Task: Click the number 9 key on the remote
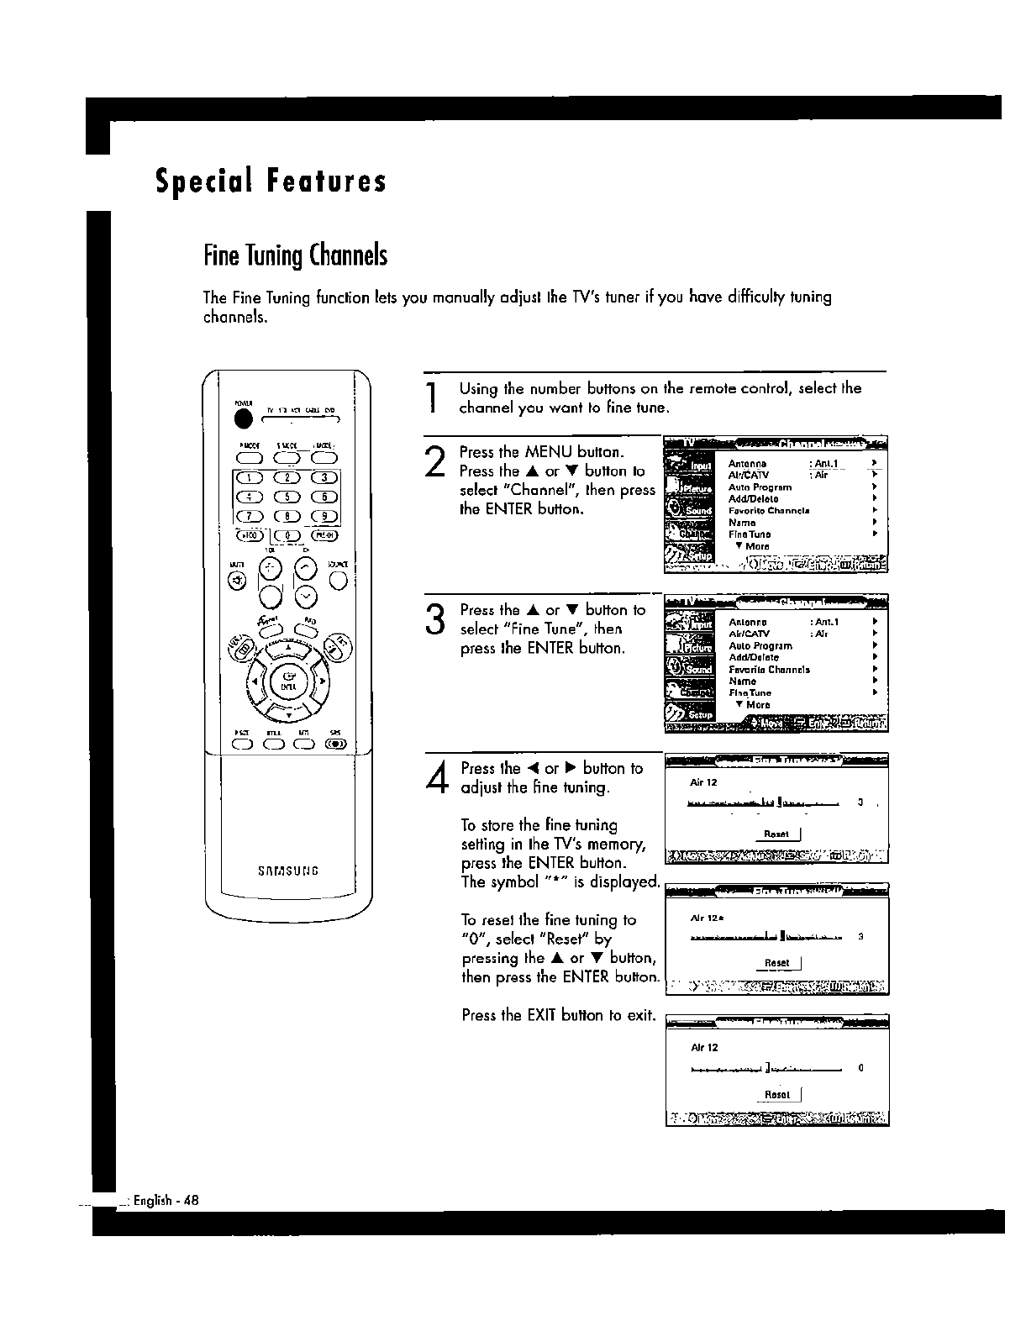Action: (x=325, y=516)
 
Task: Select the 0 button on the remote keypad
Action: (x=288, y=535)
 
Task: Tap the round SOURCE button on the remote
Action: (x=339, y=579)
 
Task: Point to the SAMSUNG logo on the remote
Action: (x=287, y=870)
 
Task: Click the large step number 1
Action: (x=431, y=398)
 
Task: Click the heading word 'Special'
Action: (x=199, y=182)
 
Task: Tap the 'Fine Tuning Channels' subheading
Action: (x=296, y=255)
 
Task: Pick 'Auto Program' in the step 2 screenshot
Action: (x=760, y=487)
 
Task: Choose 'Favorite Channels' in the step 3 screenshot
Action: (x=769, y=670)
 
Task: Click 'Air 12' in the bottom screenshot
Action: (x=704, y=1048)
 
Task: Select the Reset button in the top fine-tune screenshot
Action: (x=777, y=834)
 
